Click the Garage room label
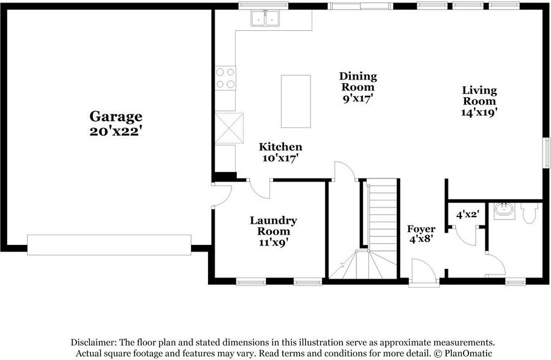coord(116,116)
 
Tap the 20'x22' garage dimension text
coord(116,131)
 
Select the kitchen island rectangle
coord(295,101)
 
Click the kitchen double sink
coord(266,19)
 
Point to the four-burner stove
coord(225,78)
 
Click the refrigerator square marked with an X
coord(229,127)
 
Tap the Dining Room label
coord(357,81)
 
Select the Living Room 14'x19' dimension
coord(479,112)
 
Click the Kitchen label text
coord(280,147)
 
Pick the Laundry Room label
coord(273,226)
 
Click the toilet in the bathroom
coord(529,213)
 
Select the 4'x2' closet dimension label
coord(467,214)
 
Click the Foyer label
coord(421,229)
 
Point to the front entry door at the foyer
coord(424,273)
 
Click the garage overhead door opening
coord(109,245)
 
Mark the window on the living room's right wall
coord(547,156)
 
